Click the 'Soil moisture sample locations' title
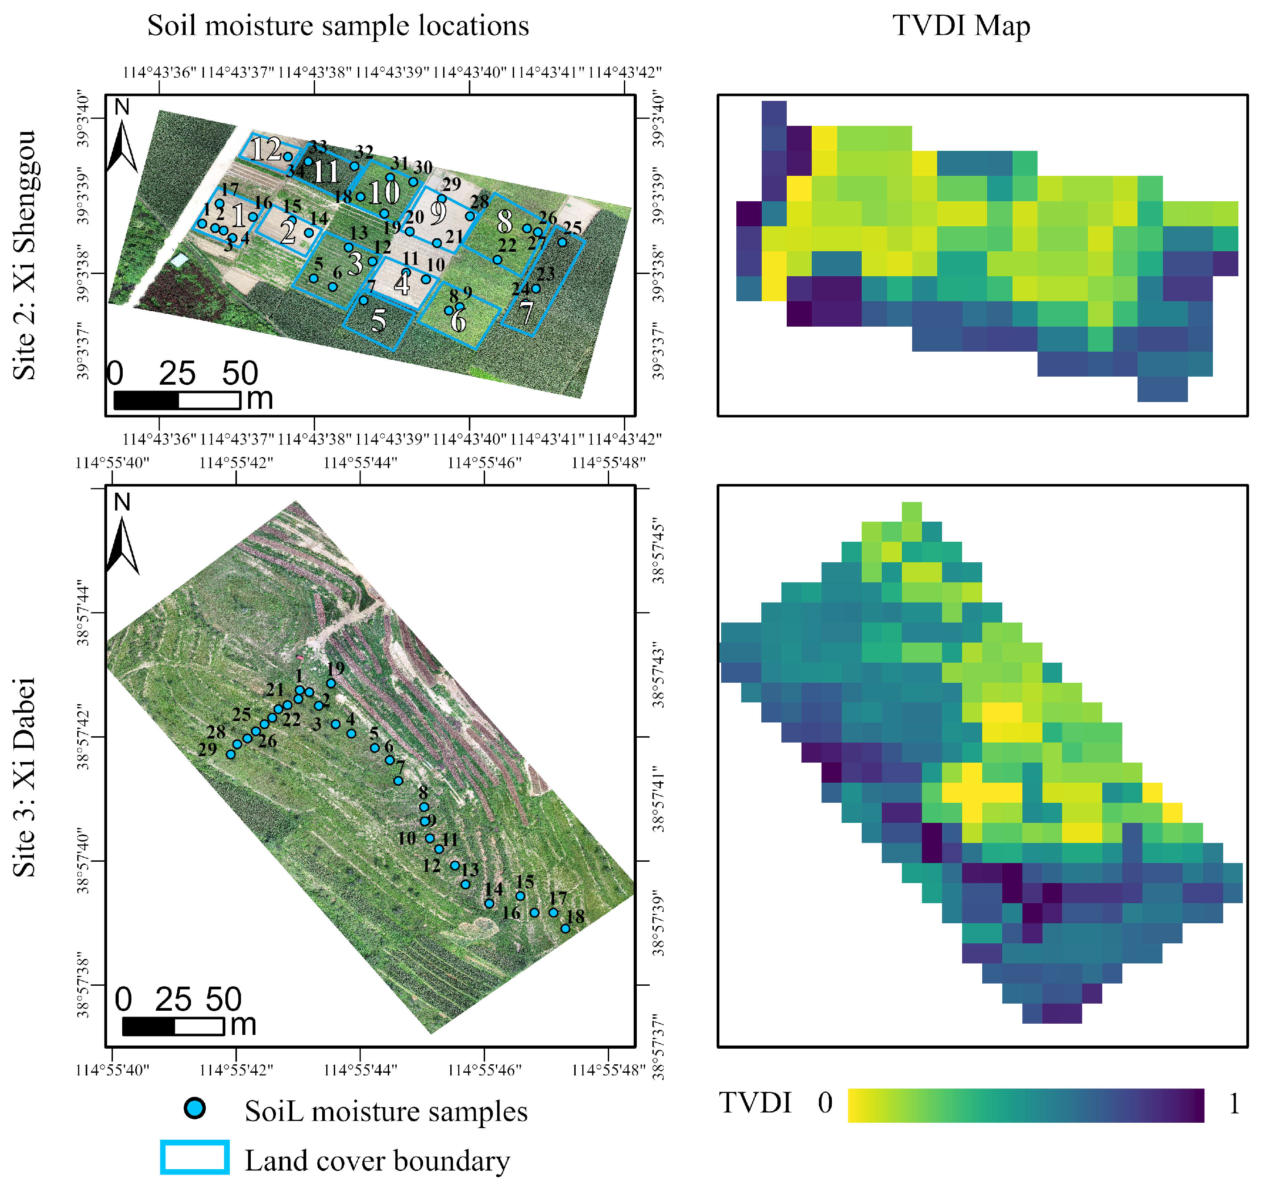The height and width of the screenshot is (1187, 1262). pos(338,26)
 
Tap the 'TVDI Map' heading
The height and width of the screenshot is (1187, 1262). pos(961,26)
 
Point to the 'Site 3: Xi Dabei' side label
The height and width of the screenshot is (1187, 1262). pos(24,778)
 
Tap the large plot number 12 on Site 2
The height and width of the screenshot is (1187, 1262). pos(266,150)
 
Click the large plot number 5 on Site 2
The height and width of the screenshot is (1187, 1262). pos(378,320)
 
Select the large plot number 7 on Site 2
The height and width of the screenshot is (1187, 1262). pos(526,313)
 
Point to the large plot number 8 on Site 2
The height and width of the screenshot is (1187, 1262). pos(505,221)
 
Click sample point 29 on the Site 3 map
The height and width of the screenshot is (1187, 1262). pos(230,755)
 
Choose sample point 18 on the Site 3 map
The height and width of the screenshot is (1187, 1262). pos(565,929)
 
